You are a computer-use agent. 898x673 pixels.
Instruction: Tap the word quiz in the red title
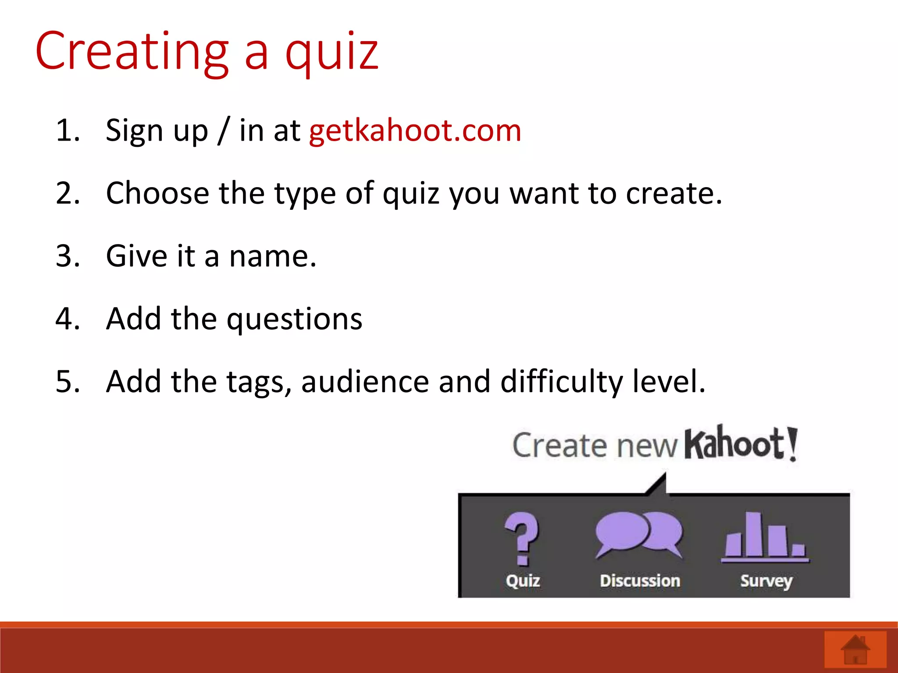[332, 53]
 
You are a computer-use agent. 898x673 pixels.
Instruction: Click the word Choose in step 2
[157, 193]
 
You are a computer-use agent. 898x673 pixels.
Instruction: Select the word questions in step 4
[295, 319]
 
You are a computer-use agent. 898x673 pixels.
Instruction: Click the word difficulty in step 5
[561, 382]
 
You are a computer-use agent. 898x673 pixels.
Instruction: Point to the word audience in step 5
[365, 382]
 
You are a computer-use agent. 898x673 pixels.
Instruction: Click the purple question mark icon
[522, 538]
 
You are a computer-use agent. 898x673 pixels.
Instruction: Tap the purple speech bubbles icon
[639, 534]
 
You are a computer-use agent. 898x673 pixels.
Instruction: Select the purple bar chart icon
[765, 537]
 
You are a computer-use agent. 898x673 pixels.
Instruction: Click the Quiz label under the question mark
[523, 581]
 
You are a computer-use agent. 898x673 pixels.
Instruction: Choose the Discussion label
[640, 581]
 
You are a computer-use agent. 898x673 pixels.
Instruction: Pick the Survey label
[766, 581]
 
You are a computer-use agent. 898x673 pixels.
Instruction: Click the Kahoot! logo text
[741, 443]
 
